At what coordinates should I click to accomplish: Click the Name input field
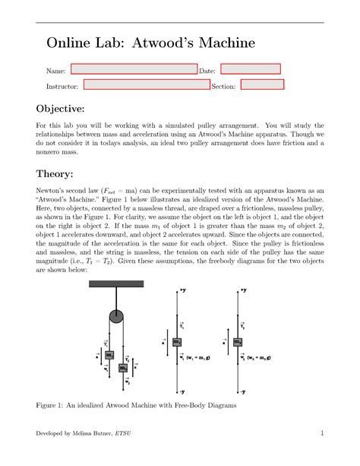tap(134, 70)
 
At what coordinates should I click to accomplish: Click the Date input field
tap(251, 70)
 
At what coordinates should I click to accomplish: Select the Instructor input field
tap(147, 85)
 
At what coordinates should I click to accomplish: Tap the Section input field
tap(262, 85)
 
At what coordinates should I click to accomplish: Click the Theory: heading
tap(61, 173)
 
